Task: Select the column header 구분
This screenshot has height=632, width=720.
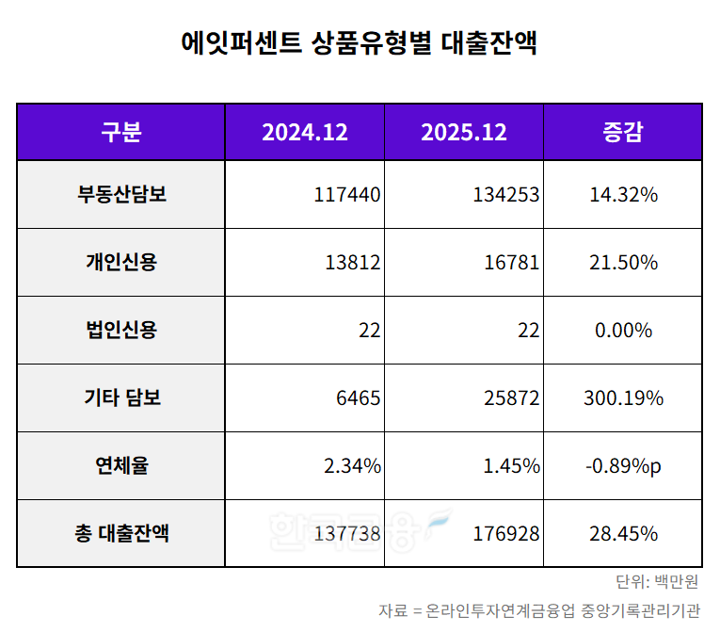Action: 120,132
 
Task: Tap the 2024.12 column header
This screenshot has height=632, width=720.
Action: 304,132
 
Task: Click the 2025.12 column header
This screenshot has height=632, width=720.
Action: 463,132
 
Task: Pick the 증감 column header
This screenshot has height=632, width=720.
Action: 621,132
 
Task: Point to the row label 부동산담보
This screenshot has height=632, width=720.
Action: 120,195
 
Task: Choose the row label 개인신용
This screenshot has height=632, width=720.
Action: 120,263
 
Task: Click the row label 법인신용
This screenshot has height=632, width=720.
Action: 120,331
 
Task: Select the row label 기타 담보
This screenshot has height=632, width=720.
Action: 120,398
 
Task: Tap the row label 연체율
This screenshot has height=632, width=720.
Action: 120,466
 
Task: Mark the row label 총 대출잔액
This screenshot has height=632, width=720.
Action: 120,534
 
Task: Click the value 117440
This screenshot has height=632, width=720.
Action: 347,195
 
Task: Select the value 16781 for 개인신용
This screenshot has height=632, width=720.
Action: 511,263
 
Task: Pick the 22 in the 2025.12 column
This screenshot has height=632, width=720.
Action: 529,331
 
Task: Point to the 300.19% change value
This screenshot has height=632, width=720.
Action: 623,398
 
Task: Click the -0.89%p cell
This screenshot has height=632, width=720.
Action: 623,466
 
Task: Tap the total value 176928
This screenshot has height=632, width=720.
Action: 506,534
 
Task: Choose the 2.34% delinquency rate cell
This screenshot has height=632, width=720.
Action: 351,466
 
